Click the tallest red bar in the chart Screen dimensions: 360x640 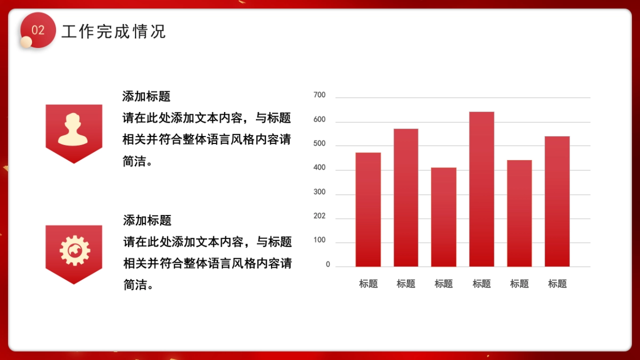pyautogui.click(x=482, y=189)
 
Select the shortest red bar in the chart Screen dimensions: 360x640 pyautogui.click(x=444, y=217)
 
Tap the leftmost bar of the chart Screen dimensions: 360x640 pyautogui.click(x=368, y=210)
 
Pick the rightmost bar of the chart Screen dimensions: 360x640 pyautogui.click(x=557, y=202)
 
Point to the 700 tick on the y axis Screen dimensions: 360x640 pyautogui.click(x=319, y=95)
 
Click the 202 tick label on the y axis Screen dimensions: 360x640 pyautogui.click(x=319, y=217)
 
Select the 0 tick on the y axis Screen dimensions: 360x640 pyautogui.click(x=328, y=265)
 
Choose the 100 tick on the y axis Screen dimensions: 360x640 pyautogui.click(x=319, y=241)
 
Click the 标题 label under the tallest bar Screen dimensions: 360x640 pyautogui.click(x=482, y=284)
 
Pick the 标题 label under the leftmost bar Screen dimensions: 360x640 pyautogui.click(x=368, y=284)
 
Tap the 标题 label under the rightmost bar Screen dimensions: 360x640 pyautogui.click(x=557, y=284)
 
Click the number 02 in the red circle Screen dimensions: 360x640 pyautogui.click(x=38, y=30)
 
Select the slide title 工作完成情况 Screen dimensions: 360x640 pyautogui.click(x=114, y=31)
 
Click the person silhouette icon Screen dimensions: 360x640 pyautogui.click(x=73, y=130)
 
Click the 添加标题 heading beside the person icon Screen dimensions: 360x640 pyautogui.click(x=146, y=97)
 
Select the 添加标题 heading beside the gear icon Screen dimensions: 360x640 pyautogui.click(x=147, y=220)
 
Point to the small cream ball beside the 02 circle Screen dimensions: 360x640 pyautogui.click(x=26, y=42)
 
